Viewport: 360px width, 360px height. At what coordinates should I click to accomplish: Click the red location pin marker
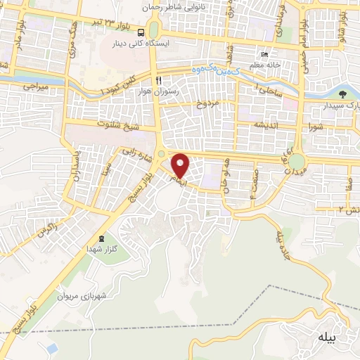[x=181, y=165]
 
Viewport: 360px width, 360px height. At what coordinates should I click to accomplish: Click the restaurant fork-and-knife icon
[x=160, y=79]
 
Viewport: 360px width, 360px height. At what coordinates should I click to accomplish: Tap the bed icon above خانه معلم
[x=264, y=55]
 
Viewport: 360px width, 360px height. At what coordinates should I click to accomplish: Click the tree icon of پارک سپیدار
[x=343, y=94]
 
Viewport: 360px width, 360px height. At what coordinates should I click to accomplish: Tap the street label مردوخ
[x=208, y=105]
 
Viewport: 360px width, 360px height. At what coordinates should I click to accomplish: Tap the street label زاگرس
[x=46, y=229]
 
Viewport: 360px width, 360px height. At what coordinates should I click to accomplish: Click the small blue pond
[x=51, y=349]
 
